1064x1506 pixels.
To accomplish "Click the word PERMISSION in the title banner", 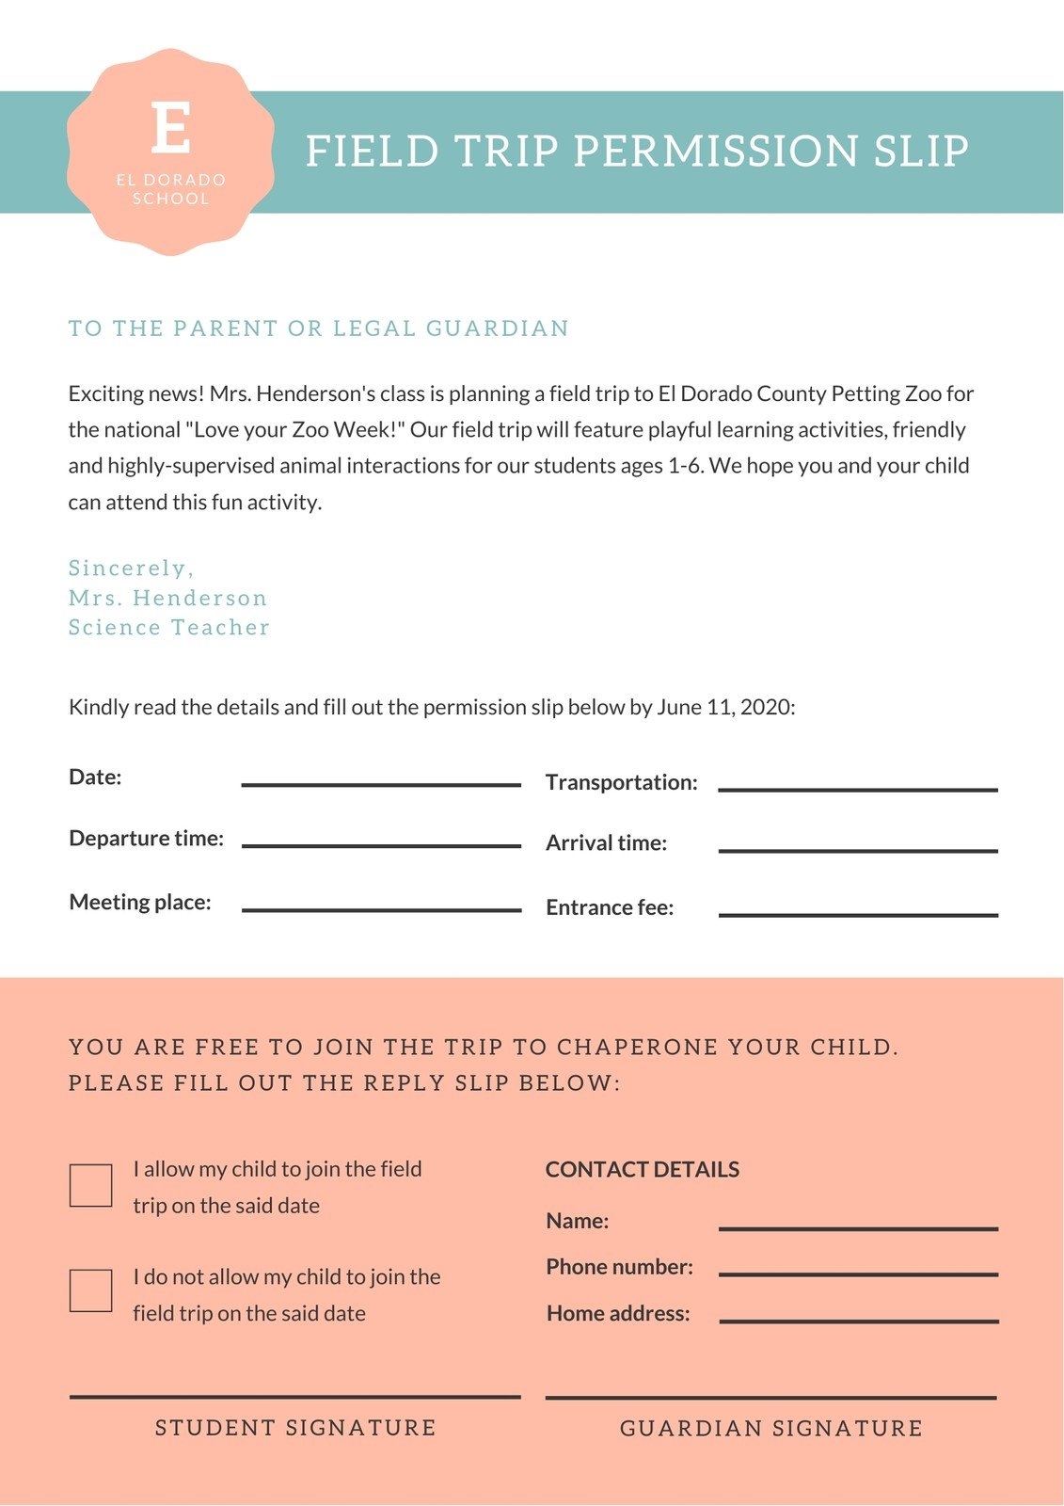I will tap(715, 152).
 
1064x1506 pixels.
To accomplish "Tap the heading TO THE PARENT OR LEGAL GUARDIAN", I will tap(319, 328).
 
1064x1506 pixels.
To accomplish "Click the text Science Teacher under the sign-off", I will tap(169, 628).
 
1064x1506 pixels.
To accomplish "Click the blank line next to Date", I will tap(381, 784).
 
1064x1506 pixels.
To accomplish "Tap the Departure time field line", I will tap(381, 845).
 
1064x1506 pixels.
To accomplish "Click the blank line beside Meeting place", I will tap(381, 909).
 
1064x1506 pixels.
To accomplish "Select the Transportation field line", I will tap(858, 790).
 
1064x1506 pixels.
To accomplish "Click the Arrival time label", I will tap(607, 843).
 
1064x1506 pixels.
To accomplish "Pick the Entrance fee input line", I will tap(858, 914).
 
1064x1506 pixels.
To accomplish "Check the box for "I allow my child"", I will tap(91, 1185).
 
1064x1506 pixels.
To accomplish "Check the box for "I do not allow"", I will tap(91, 1290).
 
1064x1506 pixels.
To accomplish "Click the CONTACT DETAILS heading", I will tap(643, 1170).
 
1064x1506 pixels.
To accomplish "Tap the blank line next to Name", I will tap(858, 1228).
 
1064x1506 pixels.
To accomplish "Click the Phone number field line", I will tap(858, 1274).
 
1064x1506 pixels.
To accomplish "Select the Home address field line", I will tap(858, 1321).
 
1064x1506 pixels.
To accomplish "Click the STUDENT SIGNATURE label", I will tap(295, 1428).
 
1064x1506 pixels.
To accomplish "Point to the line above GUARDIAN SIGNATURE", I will tap(770, 1398).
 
